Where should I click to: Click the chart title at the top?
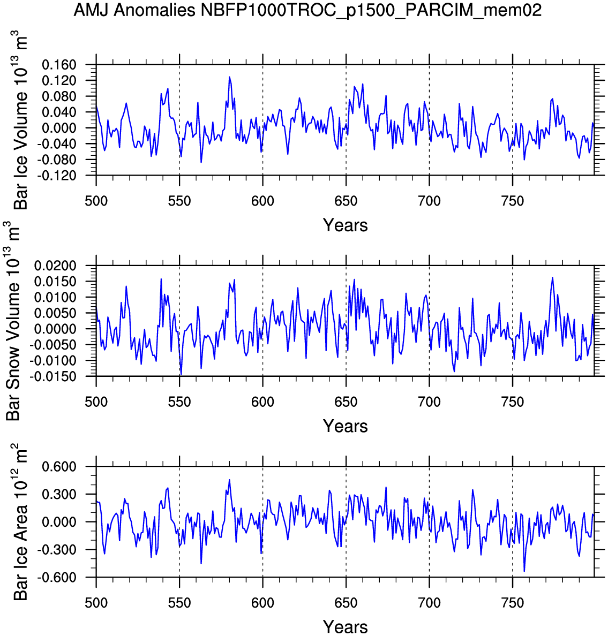[307, 10]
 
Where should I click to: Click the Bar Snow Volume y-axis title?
[13, 321]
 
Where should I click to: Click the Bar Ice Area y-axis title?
[21, 522]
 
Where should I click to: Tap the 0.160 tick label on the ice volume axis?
[59, 65]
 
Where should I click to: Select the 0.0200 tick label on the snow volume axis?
[55, 266]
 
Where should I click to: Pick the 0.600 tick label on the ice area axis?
[59, 467]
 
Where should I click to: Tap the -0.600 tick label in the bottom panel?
[58, 578]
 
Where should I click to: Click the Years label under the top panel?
[345, 225]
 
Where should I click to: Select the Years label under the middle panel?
[345, 426]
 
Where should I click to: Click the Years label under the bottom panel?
[345, 626]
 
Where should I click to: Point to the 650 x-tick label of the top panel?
[346, 201]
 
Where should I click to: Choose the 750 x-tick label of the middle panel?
[513, 402]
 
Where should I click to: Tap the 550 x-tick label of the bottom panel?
[179, 603]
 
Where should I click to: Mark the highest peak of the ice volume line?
[229, 77]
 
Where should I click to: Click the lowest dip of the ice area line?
[524, 571]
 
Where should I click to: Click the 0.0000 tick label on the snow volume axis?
[55, 329]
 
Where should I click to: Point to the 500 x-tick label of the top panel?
[96, 201]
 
